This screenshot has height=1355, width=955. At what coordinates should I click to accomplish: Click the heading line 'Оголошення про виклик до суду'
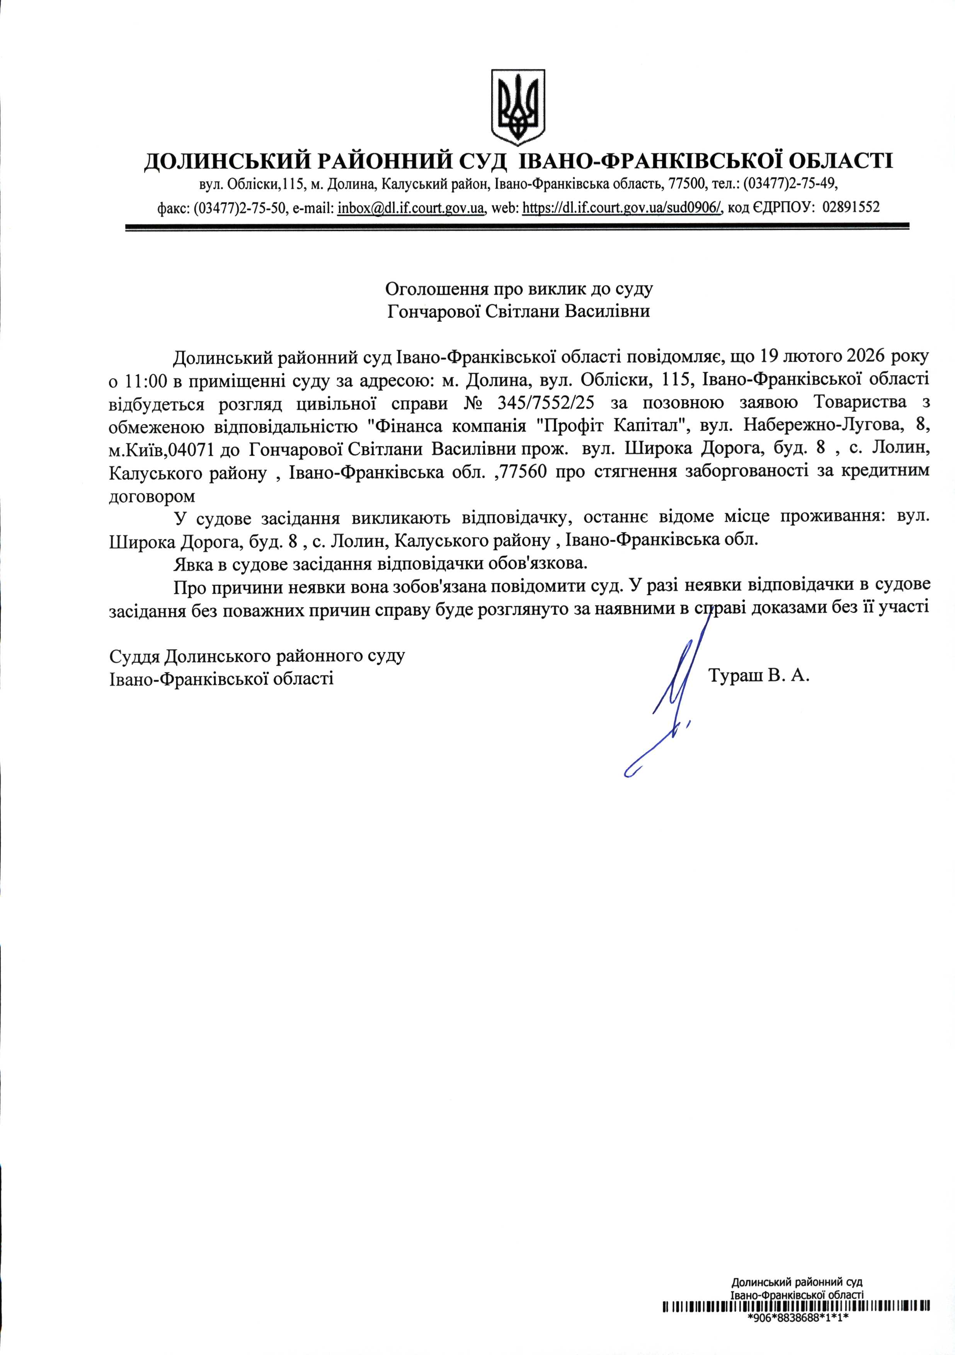519,289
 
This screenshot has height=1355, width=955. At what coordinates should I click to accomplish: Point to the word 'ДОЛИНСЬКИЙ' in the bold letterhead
228,161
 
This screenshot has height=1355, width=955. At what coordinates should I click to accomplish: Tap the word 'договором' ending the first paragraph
152,496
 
